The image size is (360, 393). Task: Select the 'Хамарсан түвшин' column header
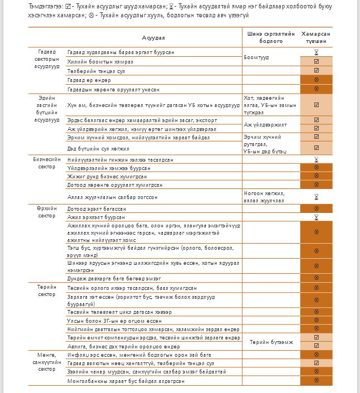[x=316, y=37]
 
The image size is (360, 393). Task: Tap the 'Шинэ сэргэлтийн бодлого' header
[x=271, y=37]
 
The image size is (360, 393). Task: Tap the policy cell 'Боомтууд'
[x=257, y=57]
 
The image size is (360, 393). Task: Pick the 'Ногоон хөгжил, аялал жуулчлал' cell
[x=265, y=197]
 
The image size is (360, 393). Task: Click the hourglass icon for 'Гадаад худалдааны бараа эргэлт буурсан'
[x=316, y=52]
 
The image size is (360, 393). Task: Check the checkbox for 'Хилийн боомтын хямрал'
[x=316, y=61]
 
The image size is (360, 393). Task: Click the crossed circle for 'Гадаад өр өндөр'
[x=316, y=80]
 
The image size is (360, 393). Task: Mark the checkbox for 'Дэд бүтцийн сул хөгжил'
[x=316, y=148]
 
